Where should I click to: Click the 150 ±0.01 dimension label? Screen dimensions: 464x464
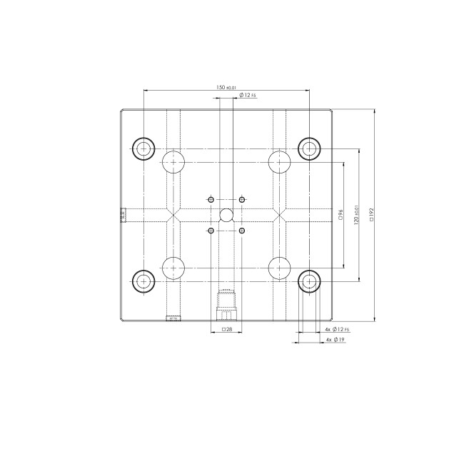click(226, 87)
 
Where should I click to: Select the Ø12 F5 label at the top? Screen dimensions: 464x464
click(248, 95)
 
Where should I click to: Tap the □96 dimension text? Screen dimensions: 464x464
click(341, 214)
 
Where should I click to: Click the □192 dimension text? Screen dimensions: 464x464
click(372, 214)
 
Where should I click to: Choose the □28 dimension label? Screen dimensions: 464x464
click(226, 329)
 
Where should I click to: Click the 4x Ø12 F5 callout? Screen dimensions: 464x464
click(336, 329)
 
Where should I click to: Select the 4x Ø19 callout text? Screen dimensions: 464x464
click(335, 341)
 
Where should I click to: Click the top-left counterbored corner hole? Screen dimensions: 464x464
click(144, 148)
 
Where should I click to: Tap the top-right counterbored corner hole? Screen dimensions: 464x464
click(308, 148)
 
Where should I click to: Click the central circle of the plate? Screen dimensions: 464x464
click(226, 214)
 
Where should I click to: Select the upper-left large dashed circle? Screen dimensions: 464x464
click(173, 162)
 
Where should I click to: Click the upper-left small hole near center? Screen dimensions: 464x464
click(211, 198)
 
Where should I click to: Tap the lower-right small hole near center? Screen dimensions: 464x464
click(242, 231)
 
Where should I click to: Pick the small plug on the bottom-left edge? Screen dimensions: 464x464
click(172, 319)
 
